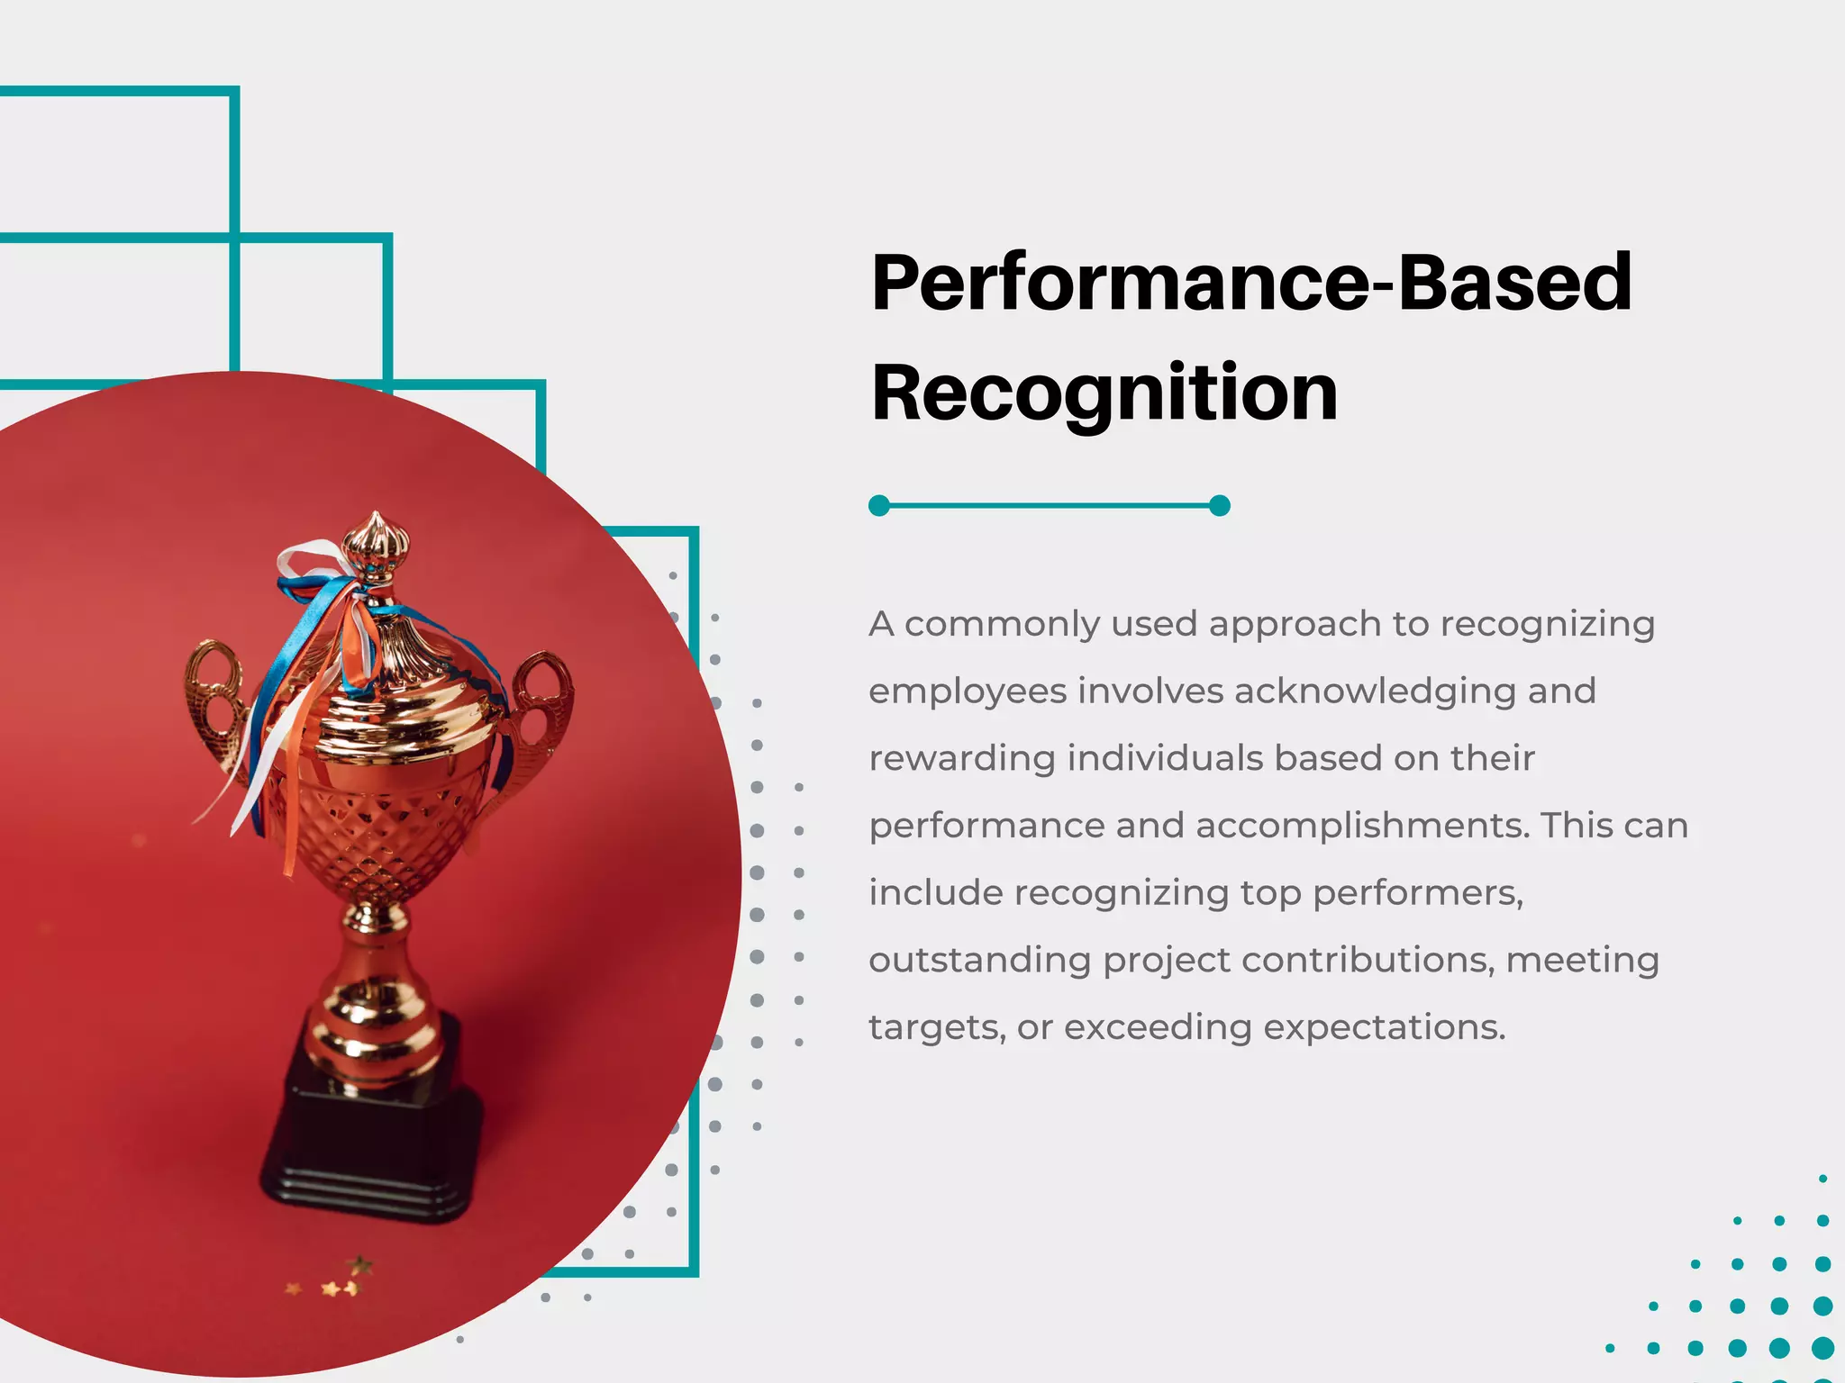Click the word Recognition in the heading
click(x=1104, y=393)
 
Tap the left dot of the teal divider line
click(x=879, y=506)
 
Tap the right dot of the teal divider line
click(x=1220, y=506)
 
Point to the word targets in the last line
click(x=936, y=1028)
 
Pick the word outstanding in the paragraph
click(x=979, y=961)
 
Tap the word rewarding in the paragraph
click(x=961, y=759)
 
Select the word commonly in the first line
click(x=1000, y=624)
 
